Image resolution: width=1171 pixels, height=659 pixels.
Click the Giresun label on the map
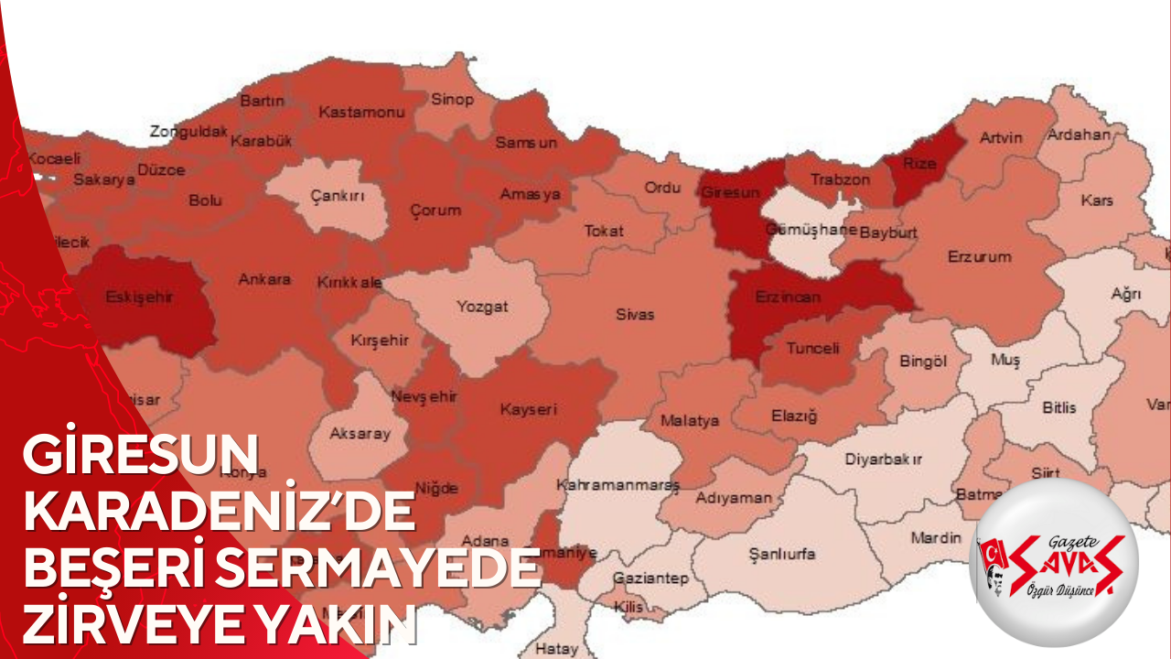click(x=730, y=193)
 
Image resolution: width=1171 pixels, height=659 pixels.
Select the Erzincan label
click(x=788, y=297)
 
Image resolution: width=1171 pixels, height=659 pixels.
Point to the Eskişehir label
click(x=140, y=297)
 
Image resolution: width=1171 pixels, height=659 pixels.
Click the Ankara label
click(x=264, y=278)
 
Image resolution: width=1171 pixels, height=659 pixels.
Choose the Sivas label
click(x=634, y=314)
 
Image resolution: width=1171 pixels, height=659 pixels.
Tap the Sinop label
click(x=452, y=100)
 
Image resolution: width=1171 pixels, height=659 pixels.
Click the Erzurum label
click(x=980, y=256)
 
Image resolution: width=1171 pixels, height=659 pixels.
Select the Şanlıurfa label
click(x=781, y=554)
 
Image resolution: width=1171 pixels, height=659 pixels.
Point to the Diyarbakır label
click(x=883, y=458)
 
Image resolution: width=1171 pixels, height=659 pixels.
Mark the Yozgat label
click(x=482, y=307)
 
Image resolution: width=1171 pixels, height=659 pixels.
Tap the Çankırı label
click(x=338, y=196)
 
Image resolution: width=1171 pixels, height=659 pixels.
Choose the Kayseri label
click(x=528, y=410)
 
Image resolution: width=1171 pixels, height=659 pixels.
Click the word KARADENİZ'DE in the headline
click(x=220, y=515)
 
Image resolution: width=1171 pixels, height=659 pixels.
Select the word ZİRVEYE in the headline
click(x=124, y=627)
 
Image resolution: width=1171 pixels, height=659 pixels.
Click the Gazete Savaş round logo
click(x=1053, y=560)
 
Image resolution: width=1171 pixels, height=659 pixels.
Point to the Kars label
click(x=1096, y=200)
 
